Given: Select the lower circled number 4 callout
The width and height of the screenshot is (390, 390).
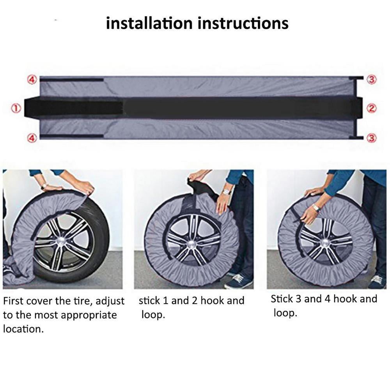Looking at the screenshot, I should tap(32, 138).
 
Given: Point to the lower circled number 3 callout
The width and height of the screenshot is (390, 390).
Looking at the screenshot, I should tap(372, 138).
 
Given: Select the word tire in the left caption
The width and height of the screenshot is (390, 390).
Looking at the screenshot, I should tap(85, 301).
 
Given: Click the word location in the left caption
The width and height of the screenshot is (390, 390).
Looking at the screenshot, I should tap(23, 329).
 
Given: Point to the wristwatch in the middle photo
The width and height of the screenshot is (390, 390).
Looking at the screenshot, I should tap(227, 191).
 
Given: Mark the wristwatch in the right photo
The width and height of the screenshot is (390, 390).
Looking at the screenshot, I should tap(316, 208).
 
